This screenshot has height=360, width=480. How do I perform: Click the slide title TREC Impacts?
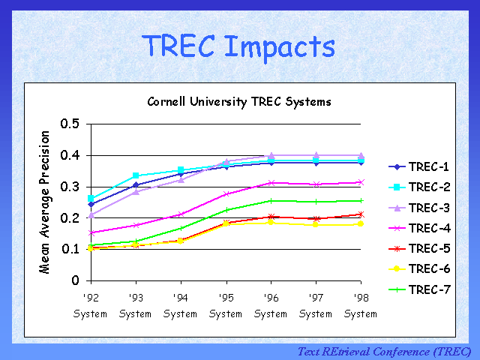click(x=239, y=46)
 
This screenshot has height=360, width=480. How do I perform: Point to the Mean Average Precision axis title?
click(x=46, y=202)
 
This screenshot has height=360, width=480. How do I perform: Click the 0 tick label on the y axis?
click(x=75, y=280)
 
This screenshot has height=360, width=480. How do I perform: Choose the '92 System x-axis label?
click(x=90, y=306)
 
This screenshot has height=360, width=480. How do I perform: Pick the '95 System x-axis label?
click(x=225, y=306)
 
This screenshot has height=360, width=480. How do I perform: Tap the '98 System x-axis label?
click(x=361, y=306)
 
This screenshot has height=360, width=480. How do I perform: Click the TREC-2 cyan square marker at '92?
click(x=91, y=199)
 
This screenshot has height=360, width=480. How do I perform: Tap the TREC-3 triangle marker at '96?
click(x=271, y=156)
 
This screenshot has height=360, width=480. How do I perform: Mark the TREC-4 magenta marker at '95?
click(x=226, y=194)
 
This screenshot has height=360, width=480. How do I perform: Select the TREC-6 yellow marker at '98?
click(x=361, y=223)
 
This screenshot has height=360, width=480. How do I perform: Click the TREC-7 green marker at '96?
click(x=271, y=201)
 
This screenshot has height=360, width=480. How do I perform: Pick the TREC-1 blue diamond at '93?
click(x=136, y=184)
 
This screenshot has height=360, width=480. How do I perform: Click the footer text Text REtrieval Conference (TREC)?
click(x=384, y=351)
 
